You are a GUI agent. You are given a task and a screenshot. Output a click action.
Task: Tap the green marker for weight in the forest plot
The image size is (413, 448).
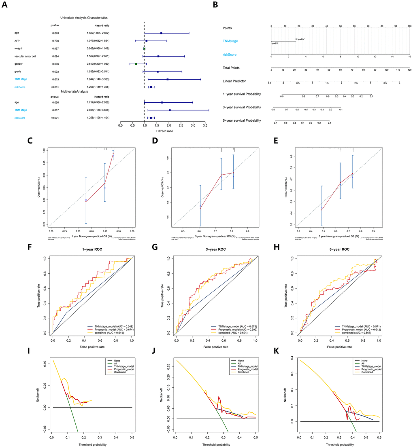pyautogui.click(x=144, y=49)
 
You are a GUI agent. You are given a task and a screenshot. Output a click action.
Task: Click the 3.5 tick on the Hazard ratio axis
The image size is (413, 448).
pyautogui.click(x=206, y=125)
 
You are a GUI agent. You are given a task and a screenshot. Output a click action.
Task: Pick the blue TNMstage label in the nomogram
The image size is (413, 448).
pyautogui.click(x=232, y=41)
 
